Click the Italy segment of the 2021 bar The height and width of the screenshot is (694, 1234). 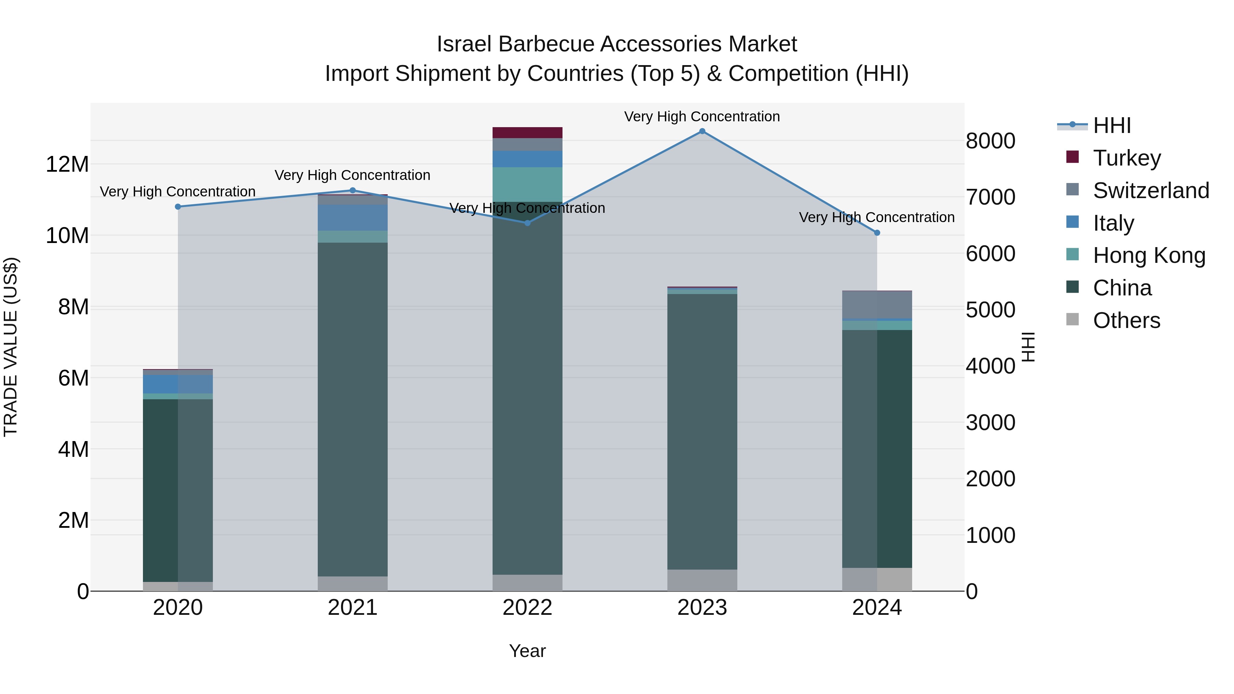[x=353, y=218]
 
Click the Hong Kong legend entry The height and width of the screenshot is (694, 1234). [x=1149, y=256]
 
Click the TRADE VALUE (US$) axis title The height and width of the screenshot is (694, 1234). [x=11, y=347]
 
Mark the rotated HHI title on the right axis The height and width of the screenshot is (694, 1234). [x=1028, y=347]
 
